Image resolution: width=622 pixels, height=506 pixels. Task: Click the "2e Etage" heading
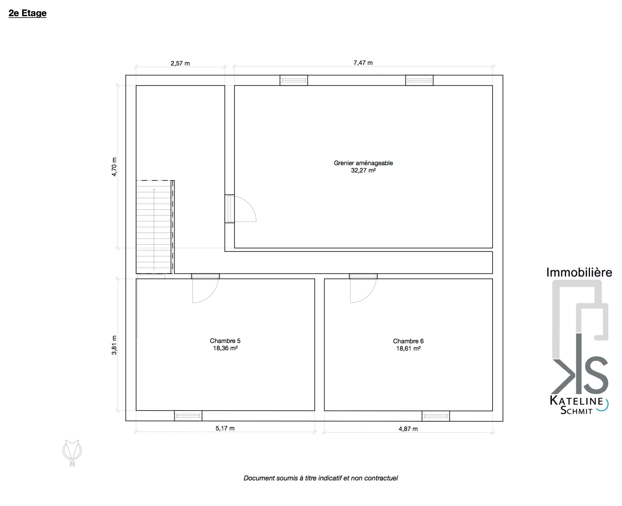pos(27,13)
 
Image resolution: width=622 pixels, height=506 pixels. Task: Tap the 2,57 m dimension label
pos(180,63)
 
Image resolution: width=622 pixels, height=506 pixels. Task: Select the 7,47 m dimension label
pos(363,63)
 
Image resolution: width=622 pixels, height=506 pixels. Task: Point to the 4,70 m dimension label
pos(114,167)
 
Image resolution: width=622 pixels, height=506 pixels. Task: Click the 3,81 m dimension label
pos(114,345)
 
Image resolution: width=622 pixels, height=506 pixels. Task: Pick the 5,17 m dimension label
pos(225,428)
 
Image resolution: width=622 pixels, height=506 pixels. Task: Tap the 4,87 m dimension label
pos(408,429)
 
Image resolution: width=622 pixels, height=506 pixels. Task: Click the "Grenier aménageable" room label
pos(363,163)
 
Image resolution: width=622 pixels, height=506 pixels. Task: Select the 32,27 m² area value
pos(363,171)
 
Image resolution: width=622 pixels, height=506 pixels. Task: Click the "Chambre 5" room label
pos(225,341)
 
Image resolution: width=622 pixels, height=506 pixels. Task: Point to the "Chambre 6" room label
pos(408,341)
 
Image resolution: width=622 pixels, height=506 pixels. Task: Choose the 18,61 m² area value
pos(408,349)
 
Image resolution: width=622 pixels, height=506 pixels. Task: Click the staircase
pos(155,227)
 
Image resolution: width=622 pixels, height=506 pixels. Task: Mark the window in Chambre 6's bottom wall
pos(436,416)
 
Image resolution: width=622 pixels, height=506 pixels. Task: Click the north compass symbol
pos(72,453)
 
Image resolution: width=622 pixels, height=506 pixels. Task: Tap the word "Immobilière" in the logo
pos(579,272)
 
